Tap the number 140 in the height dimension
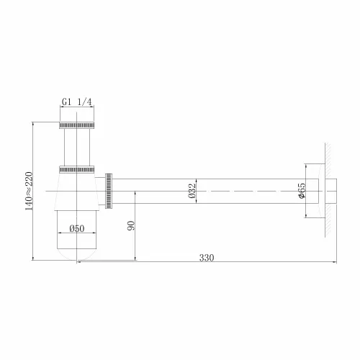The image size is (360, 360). point(28,209)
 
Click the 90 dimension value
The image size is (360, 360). point(130,226)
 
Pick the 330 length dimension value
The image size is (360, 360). point(207,257)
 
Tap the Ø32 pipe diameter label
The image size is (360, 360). point(192,192)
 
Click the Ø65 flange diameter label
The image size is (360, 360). point(302,192)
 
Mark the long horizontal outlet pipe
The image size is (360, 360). point(216,191)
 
